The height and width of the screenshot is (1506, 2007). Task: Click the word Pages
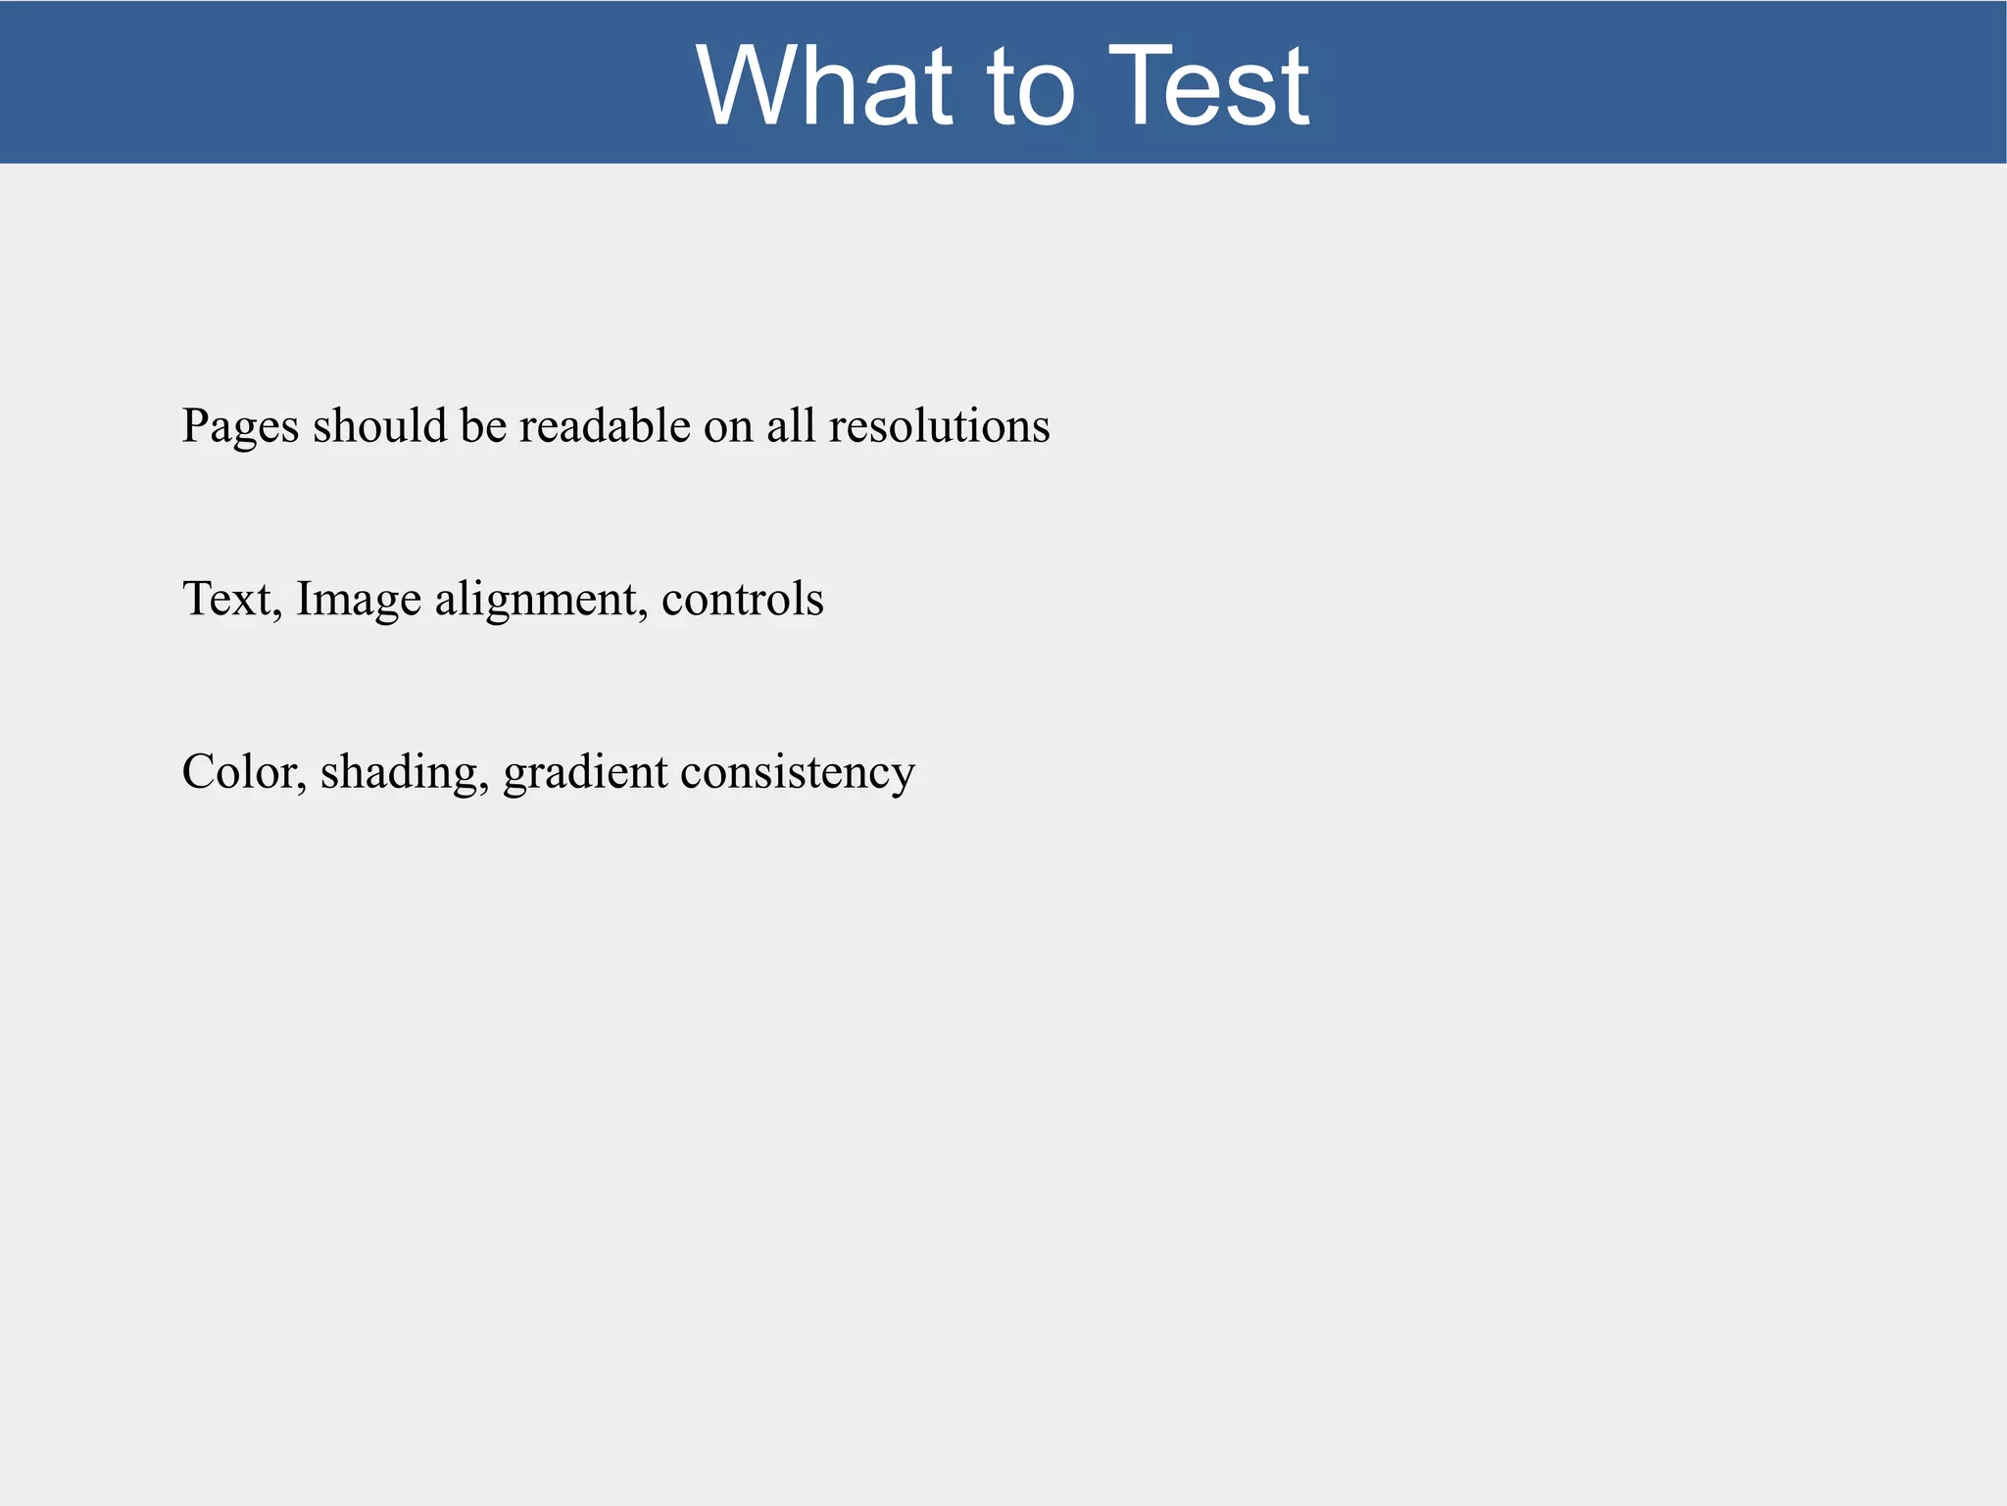(240, 427)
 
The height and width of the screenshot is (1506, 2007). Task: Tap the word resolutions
(939, 425)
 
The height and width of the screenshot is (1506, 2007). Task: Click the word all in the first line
(791, 425)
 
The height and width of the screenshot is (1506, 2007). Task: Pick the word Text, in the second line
(232, 599)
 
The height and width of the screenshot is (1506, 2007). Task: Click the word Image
(358, 600)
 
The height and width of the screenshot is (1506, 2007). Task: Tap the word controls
(742, 599)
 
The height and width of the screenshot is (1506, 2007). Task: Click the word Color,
(244, 772)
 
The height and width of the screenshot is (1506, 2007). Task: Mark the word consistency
(797, 773)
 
